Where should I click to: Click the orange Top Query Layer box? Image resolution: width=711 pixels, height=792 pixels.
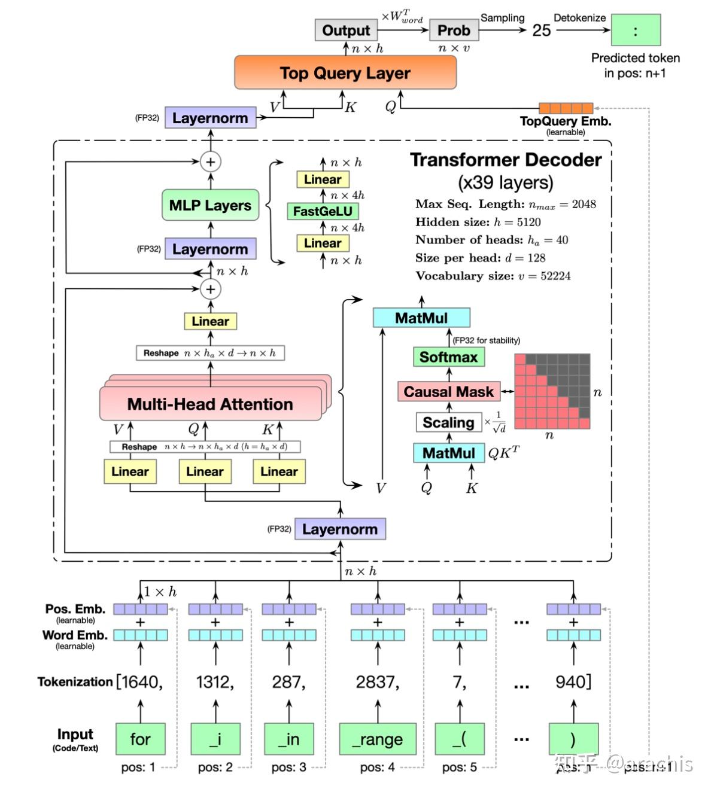(x=345, y=73)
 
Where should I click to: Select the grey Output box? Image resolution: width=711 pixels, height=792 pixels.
(x=345, y=30)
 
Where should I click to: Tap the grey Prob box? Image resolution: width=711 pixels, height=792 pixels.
(x=454, y=30)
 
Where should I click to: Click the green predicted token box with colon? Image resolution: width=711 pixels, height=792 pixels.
(x=635, y=31)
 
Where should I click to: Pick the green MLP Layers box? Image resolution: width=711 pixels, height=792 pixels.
(x=210, y=205)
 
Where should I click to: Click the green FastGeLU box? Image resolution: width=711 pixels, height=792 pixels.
(x=323, y=211)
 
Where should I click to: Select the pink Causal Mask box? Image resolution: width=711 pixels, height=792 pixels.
(x=448, y=392)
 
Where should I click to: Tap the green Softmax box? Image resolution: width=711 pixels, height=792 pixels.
(x=448, y=357)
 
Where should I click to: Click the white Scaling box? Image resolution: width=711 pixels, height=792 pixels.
(x=448, y=422)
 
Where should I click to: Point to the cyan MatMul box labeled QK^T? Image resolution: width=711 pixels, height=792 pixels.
(x=448, y=453)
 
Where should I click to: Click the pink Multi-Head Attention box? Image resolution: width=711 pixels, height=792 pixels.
(x=210, y=404)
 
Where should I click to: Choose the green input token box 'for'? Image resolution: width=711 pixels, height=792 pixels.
(x=140, y=739)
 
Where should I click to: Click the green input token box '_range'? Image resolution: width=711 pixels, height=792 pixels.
(x=377, y=739)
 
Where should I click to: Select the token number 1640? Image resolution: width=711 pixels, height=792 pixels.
(x=140, y=682)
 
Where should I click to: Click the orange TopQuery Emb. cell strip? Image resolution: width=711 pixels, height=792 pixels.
(x=566, y=108)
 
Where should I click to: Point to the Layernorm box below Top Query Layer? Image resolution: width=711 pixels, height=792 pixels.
(x=210, y=118)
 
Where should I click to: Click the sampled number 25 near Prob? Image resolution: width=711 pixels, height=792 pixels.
(x=541, y=31)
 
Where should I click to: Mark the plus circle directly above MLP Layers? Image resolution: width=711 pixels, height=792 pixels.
(x=210, y=162)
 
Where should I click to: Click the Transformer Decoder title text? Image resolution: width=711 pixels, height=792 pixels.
(x=506, y=160)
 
